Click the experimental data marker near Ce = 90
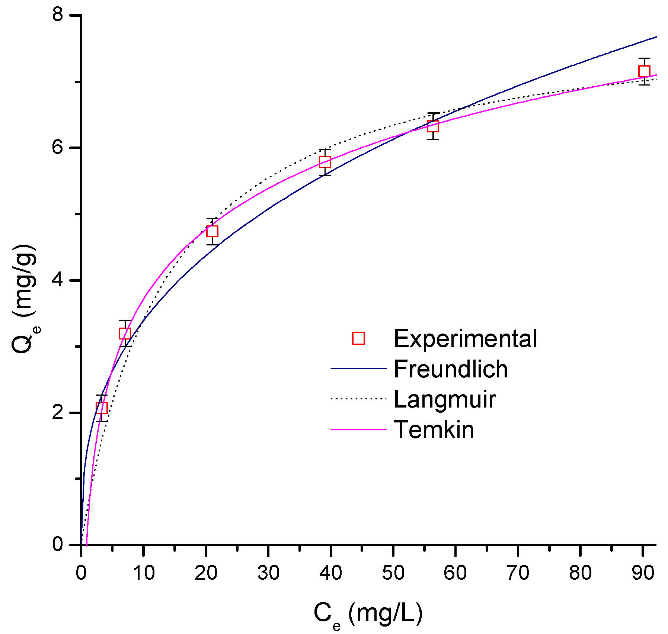pyautogui.click(x=644, y=71)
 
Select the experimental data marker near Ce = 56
pyautogui.click(x=433, y=126)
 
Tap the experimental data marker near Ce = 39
pyautogui.click(x=325, y=162)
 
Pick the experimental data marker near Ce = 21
pyautogui.click(x=212, y=231)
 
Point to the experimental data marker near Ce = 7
pyautogui.click(x=125, y=333)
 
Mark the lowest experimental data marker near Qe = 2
pyautogui.click(x=102, y=408)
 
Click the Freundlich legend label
pyautogui.click(x=450, y=369)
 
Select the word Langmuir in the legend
pyautogui.click(x=444, y=399)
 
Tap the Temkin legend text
pyautogui.click(x=434, y=430)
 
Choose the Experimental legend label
pyautogui.click(x=465, y=339)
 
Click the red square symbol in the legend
pyautogui.click(x=358, y=338)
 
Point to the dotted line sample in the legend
pyautogui.click(x=358, y=399)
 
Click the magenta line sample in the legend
pyautogui.click(x=358, y=429)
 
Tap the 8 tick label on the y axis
pyautogui.click(x=58, y=16)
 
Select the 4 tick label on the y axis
pyautogui.click(x=58, y=280)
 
